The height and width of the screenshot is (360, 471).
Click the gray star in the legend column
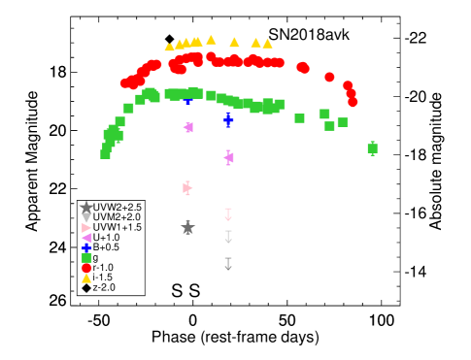coord(86,207)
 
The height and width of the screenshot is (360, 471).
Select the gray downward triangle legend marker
coord(86,217)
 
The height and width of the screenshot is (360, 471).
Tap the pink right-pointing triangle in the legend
coord(86,228)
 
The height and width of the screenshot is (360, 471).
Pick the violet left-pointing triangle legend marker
coord(86,238)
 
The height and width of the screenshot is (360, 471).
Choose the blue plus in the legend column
coord(86,248)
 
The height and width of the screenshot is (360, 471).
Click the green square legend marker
coord(86,258)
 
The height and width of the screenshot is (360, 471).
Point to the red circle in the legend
coord(86,268)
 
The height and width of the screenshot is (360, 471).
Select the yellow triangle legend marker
coord(86,278)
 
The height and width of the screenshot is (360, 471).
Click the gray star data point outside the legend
coord(187,228)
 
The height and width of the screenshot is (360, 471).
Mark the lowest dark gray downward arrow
coord(228,264)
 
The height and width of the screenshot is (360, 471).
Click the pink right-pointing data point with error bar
coord(187,188)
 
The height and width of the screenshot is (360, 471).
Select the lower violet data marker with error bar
coord(229,157)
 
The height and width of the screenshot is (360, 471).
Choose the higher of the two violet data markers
coord(188,127)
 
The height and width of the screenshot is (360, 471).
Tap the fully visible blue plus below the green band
coord(228,119)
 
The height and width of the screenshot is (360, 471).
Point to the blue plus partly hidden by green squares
coord(188,99)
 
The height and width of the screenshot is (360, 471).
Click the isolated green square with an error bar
coord(372,148)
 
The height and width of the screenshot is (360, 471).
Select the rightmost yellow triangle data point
coord(267,44)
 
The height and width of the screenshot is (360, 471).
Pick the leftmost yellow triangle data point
coord(169,47)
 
